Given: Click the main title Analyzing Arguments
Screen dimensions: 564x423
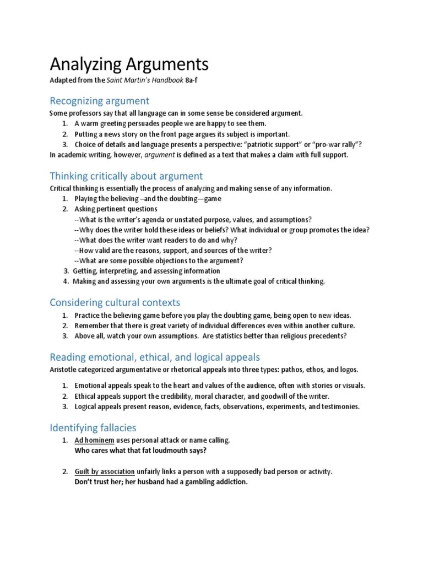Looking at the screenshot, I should (129, 64).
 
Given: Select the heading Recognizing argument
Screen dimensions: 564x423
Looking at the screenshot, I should (99, 101).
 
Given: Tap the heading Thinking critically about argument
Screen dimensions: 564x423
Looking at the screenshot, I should (126, 176).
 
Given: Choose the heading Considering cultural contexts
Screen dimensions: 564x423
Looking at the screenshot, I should (115, 302).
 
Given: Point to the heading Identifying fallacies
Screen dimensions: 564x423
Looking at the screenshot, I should (93, 427).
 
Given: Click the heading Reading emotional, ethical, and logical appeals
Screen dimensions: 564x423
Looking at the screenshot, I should (155, 357).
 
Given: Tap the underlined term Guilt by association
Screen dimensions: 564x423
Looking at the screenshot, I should (105, 472).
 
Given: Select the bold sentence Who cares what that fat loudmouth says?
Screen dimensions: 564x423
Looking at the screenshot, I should (140, 451).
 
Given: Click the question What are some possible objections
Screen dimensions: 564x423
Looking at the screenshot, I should (160, 261).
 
